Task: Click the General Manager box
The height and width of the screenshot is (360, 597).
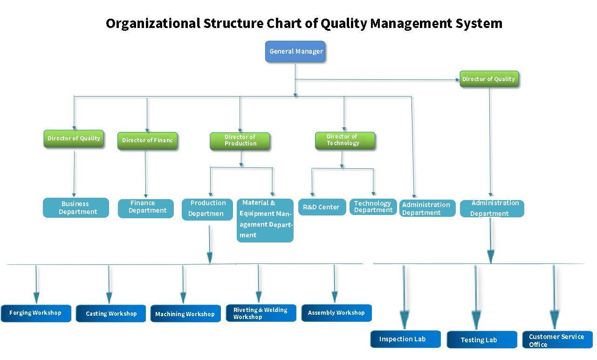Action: (x=295, y=52)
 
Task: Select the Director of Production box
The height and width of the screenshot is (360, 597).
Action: (x=240, y=141)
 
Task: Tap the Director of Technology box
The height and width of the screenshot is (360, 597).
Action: (x=344, y=140)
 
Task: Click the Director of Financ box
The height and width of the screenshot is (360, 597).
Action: (x=147, y=140)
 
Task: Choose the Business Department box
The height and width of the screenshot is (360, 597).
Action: (x=76, y=208)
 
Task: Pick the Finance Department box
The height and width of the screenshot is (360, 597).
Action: (x=145, y=208)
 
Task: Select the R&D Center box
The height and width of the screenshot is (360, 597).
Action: (x=322, y=207)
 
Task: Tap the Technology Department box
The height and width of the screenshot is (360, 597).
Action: (x=373, y=207)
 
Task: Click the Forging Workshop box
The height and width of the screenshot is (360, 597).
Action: (x=36, y=313)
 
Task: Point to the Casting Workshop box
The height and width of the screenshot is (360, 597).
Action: (x=111, y=313)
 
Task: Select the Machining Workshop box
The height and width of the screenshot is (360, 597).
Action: (x=185, y=314)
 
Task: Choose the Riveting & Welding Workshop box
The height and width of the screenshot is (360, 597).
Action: (x=261, y=313)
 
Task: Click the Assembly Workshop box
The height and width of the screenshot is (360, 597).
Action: (x=336, y=313)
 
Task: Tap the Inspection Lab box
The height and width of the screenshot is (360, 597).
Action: (x=405, y=339)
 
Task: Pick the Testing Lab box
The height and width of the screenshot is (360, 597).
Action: (x=482, y=339)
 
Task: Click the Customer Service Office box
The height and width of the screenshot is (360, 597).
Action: (x=557, y=339)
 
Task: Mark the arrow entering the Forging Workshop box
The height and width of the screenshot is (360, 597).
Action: (x=36, y=296)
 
